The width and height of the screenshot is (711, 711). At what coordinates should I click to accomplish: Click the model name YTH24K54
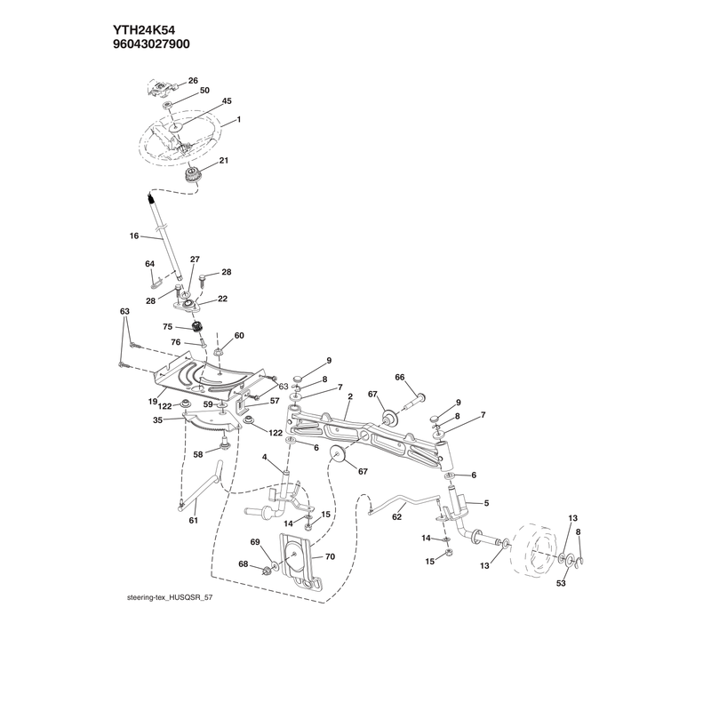(144, 30)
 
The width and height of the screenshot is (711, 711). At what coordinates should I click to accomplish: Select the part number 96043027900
(151, 44)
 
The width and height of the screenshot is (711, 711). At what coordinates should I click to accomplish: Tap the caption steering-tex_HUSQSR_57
(170, 597)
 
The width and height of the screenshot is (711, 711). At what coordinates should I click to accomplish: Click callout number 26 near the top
(193, 81)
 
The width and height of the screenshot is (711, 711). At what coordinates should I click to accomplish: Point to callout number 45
(227, 100)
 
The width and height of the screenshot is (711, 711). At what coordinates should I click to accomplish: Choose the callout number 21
(224, 161)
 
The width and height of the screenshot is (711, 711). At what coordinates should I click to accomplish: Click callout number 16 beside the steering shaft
(134, 236)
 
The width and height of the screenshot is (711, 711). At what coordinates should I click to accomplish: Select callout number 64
(149, 264)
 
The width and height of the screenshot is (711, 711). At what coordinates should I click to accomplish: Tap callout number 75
(168, 326)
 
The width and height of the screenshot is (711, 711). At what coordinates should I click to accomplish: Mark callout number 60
(239, 336)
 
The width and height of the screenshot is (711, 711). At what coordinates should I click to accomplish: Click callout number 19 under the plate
(152, 402)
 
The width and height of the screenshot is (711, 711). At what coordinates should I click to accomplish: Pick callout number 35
(157, 420)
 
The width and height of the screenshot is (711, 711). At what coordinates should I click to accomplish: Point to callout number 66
(399, 377)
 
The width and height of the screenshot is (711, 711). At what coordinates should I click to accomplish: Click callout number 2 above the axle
(350, 396)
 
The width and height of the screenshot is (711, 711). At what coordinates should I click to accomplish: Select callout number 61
(194, 521)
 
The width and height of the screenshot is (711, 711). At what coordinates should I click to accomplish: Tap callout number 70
(330, 556)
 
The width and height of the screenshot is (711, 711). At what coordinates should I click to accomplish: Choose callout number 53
(561, 583)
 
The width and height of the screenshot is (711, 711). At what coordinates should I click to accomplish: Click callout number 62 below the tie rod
(396, 517)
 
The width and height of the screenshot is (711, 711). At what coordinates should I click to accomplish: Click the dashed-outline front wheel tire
(534, 551)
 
